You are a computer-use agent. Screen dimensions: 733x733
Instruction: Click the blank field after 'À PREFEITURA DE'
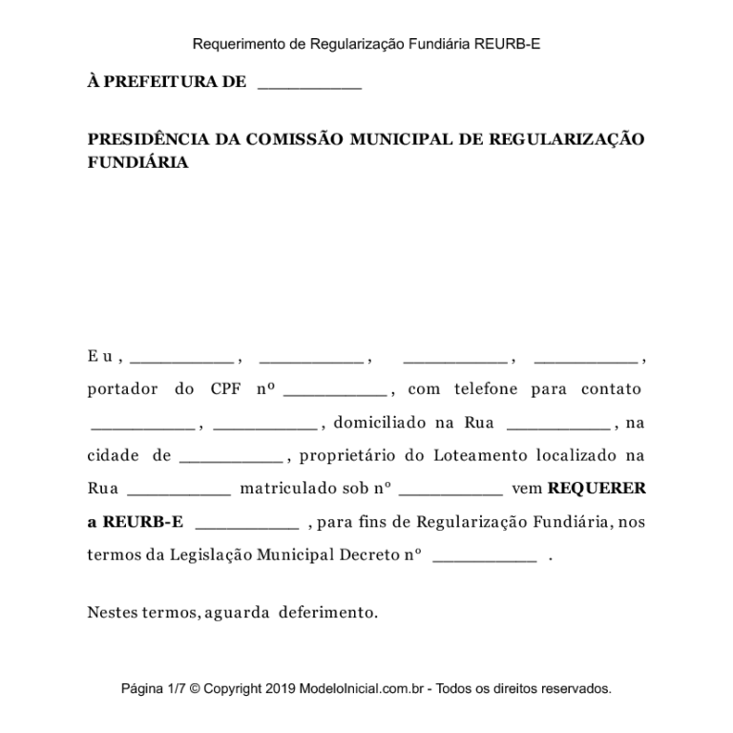[x=309, y=85]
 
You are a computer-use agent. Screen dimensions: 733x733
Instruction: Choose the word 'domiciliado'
[x=379, y=423]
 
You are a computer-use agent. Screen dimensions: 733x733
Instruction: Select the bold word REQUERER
[x=597, y=489]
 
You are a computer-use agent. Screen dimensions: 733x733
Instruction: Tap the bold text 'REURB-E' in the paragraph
[x=142, y=522]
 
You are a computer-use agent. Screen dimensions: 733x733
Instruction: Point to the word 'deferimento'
[x=328, y=612]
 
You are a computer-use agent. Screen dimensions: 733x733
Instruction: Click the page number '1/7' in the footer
[x=177, y=689]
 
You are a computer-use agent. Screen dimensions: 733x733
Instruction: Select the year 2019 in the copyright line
[x=282, y=689]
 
